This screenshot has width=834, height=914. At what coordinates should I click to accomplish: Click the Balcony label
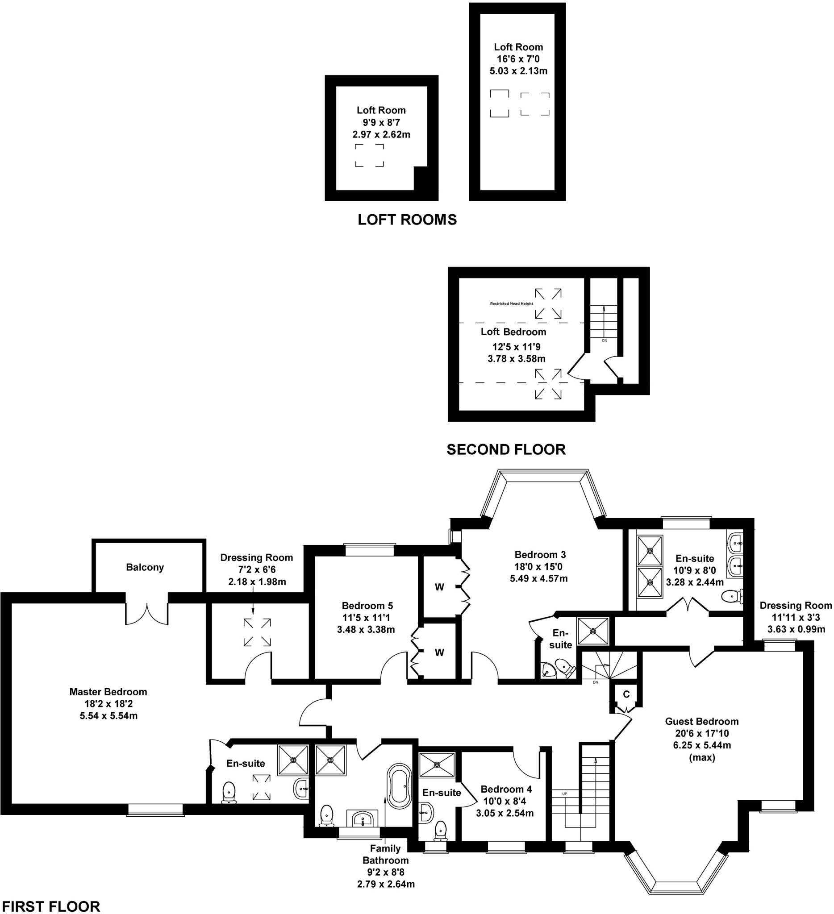click(145, 567)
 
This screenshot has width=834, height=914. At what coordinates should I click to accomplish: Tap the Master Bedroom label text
click(108, 692)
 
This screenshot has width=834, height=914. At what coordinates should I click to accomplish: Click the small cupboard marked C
click(626, 694)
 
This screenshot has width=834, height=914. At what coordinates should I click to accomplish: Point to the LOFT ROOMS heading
click(407, 220)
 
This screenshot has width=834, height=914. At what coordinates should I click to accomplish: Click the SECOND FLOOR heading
click(506, 449)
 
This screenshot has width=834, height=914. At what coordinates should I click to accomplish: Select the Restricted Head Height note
click(511, 303)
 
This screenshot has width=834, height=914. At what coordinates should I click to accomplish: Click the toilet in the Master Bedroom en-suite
click(229, 792)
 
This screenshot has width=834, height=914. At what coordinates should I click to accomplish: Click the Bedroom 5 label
click(367, 606)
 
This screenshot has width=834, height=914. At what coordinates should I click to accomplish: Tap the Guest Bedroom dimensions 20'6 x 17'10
click(702, 733)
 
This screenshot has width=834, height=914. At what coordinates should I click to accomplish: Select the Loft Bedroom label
click(513, 332)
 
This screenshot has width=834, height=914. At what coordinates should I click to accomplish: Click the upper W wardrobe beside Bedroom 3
click(439, 587)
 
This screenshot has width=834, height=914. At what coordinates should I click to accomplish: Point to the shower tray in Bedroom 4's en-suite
click(437, 765)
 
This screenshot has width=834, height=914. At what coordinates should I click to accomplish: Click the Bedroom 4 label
click(506, 789)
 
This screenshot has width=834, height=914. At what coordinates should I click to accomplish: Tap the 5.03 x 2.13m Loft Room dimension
click(518, 71)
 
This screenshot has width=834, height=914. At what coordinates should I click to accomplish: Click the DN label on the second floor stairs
click(604, 341)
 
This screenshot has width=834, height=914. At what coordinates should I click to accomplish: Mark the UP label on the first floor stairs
click(565, 794)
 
